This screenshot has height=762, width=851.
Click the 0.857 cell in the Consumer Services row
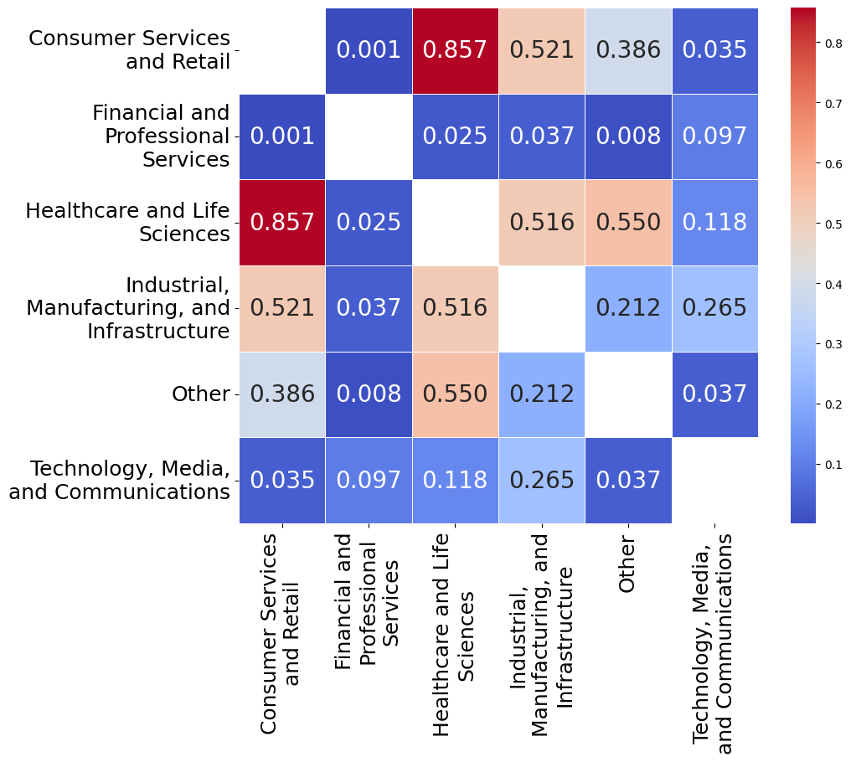(455, 50)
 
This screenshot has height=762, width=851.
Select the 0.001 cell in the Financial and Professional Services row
(282, 136)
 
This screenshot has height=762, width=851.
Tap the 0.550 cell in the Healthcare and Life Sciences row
(627, 223)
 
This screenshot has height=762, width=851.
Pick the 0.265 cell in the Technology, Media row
(541, 481)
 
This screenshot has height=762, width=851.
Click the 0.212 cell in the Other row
(541, 394)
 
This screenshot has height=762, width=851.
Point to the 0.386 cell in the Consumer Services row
(627, 50)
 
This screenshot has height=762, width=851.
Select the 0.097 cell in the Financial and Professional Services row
(714, 136)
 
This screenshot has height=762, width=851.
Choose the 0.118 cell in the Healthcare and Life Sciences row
(714, 223)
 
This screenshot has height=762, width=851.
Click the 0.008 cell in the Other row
(369, 394)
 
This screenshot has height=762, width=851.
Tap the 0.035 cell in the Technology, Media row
(282, 481)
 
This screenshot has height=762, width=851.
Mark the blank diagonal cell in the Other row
(627, 394)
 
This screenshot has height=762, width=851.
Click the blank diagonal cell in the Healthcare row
(455, 223)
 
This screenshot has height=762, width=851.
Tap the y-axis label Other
(200, 394)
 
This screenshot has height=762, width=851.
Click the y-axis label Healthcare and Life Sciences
(128, 223)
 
